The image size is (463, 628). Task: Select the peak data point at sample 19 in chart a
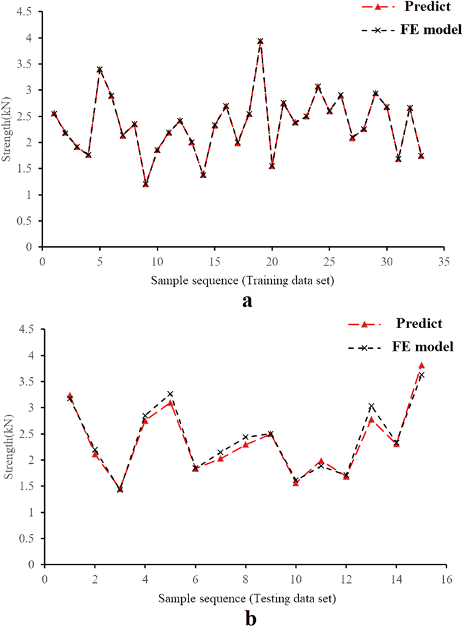[x=261, y=41]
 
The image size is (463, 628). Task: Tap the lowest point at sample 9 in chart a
[x=146, y=184]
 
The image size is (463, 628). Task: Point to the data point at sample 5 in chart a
[x=100, y=69]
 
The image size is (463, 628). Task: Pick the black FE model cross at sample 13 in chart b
[x=372, y=406]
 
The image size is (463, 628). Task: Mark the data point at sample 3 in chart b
[x=120, y=490]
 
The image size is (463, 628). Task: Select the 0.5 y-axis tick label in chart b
[x=28, y=539]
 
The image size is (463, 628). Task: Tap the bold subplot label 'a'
[x=247, y=301]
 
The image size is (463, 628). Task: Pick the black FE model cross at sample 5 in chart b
[x=170, y=394]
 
